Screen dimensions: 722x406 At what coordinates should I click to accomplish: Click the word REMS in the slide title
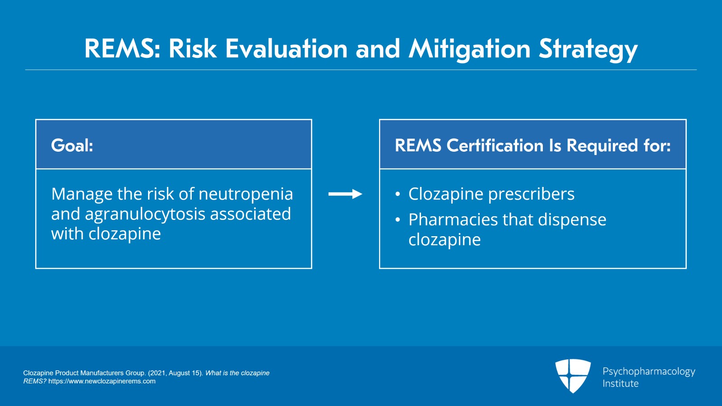[x=122, y=49]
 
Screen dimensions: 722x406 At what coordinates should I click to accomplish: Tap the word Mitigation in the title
[x=470, y=49]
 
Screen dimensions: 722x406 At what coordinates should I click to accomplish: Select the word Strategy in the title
[x=588, y=49]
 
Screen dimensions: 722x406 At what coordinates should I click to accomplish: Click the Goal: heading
[x=72, y=145]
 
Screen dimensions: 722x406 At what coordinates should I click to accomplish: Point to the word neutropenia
[x=245, y=194]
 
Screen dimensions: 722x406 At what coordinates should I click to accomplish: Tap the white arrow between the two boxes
[x=345, y=194]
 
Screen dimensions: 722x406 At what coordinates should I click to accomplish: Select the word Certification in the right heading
[x=495, y=145]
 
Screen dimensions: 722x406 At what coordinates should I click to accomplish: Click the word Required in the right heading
[x=602, y=146]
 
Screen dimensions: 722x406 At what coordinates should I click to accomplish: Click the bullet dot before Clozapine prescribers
[x=398, y=194]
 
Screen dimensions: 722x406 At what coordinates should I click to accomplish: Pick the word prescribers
[x=531, y=194]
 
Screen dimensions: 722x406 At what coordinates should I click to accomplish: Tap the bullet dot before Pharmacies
[x=398, y=220]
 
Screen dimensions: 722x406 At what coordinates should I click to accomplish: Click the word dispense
[x=572, y=220]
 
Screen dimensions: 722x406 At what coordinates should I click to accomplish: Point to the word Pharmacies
[x=453, y=219]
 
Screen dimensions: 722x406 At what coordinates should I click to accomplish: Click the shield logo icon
[x=573, y=376]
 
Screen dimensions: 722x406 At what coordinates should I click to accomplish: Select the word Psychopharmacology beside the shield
[x=649, y=372]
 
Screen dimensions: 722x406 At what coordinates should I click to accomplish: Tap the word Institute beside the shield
[x=620, y=383]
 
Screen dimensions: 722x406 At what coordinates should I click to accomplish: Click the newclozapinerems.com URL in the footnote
[x=102, y=381]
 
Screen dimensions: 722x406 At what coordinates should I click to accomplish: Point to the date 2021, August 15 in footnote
[x=175, y=373]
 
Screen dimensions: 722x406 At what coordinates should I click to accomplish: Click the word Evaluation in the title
[x=286, y=49]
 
